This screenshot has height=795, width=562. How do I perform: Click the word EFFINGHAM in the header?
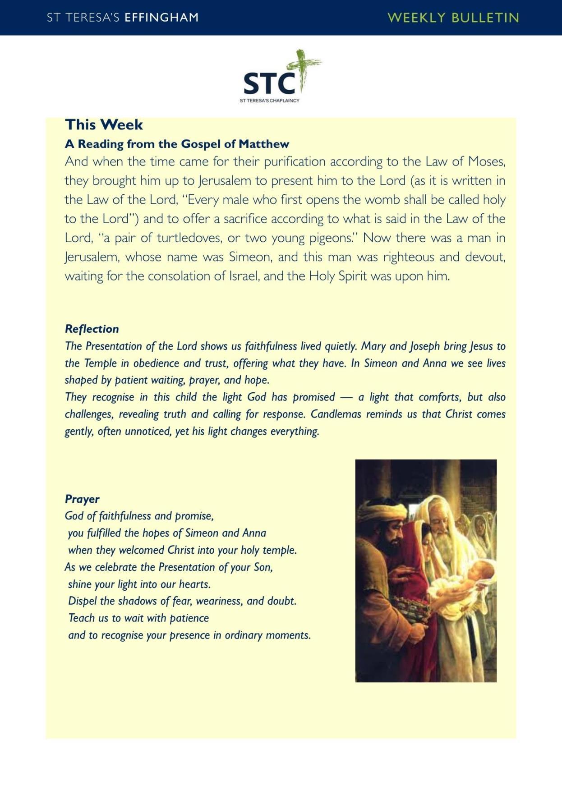point(161,18)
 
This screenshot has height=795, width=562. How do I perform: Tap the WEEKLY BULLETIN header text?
point(453,18)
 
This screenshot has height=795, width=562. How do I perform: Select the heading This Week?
point(104,124)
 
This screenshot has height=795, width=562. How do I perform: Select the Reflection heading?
point(92,329)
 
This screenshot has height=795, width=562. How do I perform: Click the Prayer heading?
point(82,499)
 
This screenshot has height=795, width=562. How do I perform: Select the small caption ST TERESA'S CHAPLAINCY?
point(269,101)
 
